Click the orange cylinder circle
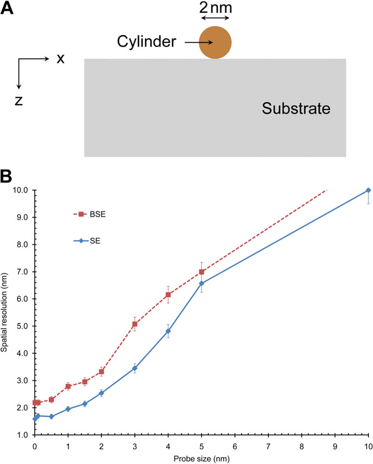pyautogui.click(x=215, y=43)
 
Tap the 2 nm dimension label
pyautogui.click(x=215, y=9)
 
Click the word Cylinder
pyautogui.click(x=148, y=41)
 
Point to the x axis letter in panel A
pyautogui.click(x=60, y=59)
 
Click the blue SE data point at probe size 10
pyautogui.click(x=368, y=190)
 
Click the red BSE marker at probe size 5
pyautogui.click(x=201, y=272)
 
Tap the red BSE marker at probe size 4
pyautogui.click(x=168, y=295)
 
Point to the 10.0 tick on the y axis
pyautogui.click(x=21, y=190)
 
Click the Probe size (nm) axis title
pyautogui.click(x=201, y=458)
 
